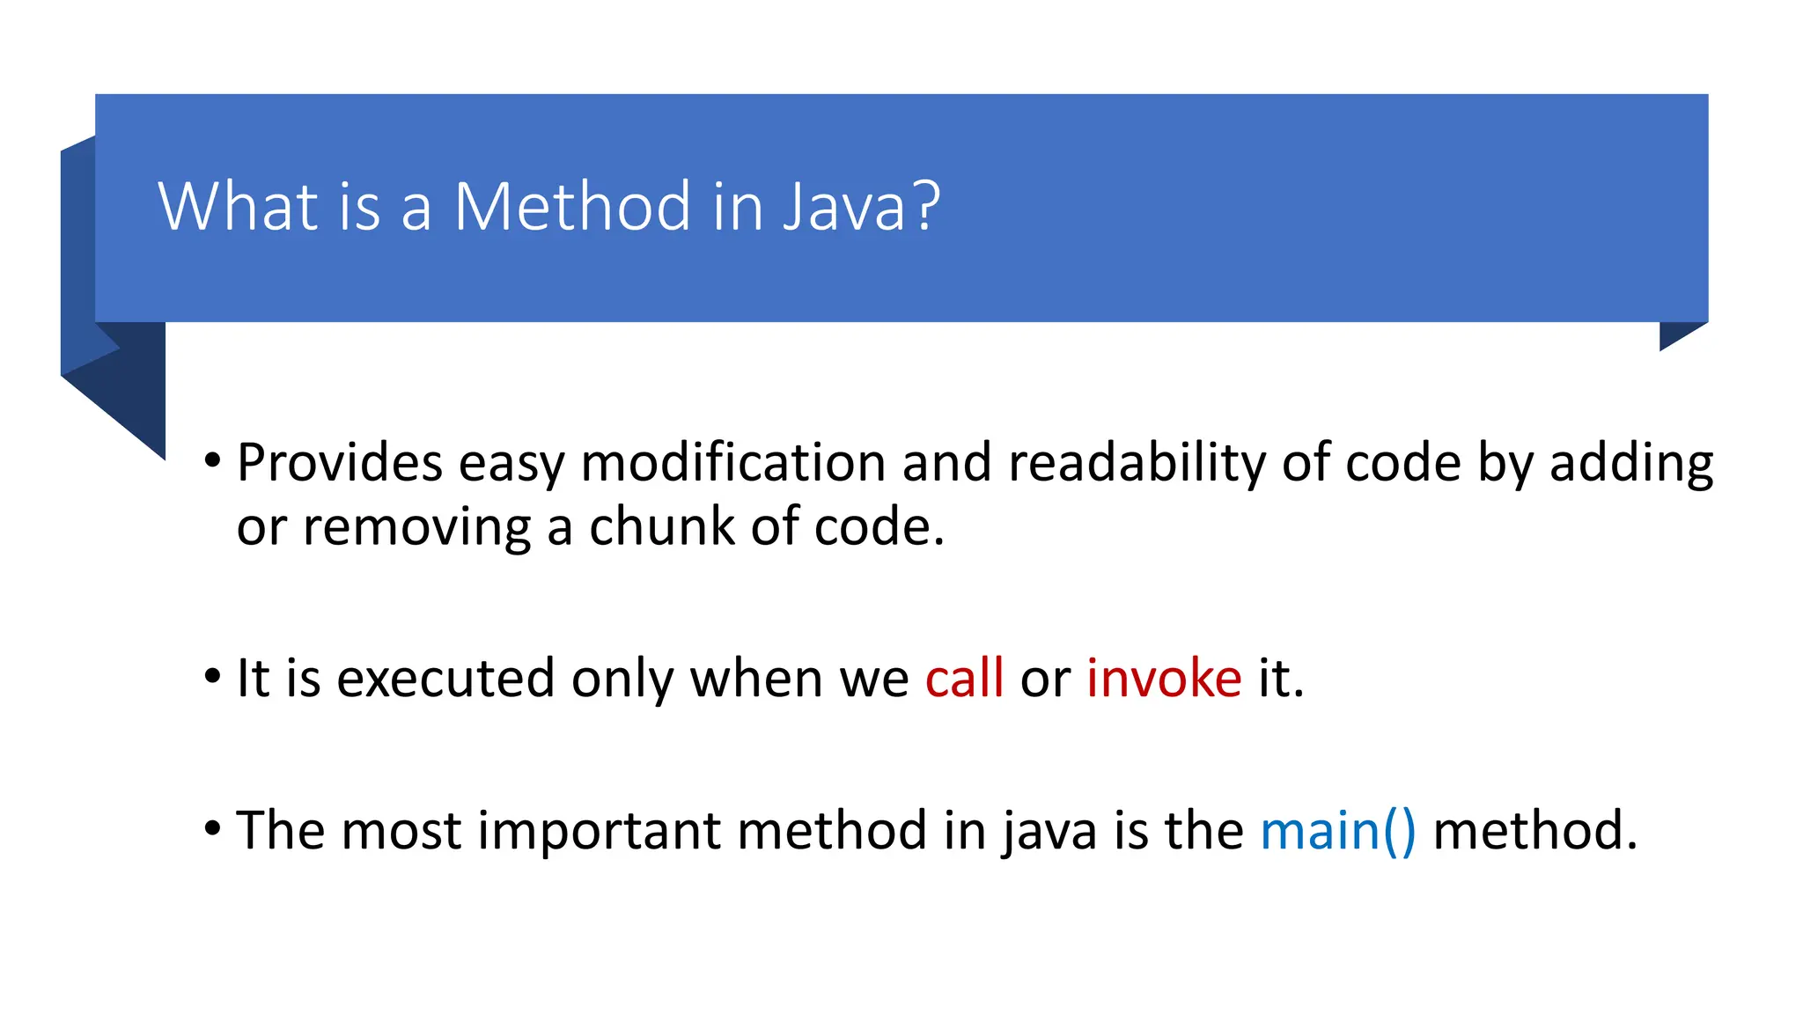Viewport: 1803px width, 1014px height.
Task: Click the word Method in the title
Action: pos(572,207)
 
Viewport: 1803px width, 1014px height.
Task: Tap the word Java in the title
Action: pos(856,207)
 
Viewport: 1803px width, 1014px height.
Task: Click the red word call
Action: pos(964,679)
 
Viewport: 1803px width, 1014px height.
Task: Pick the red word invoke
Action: pos(1164,679)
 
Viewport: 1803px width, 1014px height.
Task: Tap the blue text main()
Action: pos(1338,831)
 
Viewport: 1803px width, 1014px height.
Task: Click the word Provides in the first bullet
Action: pos(340,463)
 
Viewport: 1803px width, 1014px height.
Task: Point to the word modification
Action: pos(733,463)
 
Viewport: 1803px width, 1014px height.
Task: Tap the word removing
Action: pos(416,527)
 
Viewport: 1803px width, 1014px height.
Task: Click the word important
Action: pos(599,831)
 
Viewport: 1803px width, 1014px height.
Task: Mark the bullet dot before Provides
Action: pos(212,460)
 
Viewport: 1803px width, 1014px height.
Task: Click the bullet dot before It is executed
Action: pos(212,677)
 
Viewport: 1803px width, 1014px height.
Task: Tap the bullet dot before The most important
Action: pos(212,829)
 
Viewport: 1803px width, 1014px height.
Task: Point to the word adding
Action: pos(1630,463)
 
